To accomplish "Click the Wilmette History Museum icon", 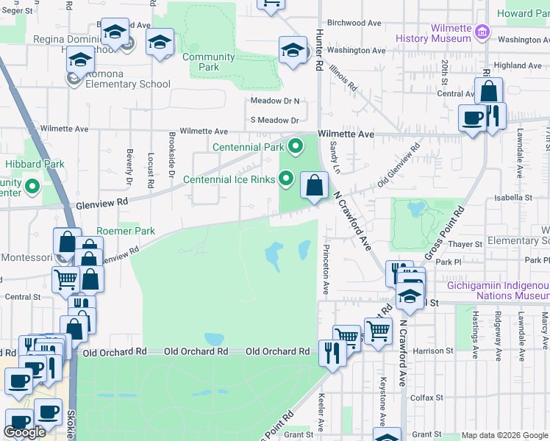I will pos(482,31).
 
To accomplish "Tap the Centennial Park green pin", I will pos(296,146).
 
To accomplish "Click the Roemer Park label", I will pos(126,231).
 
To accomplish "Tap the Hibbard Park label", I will pos(35,164).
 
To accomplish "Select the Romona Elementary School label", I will pos(127,84).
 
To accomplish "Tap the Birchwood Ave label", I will pos(354,23).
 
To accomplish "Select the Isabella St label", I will pos(513,198).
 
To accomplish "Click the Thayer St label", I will pos(464,244).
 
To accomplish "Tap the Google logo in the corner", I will pos(25,432).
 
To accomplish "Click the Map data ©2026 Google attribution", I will pos(504,435).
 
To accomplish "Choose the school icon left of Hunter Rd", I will pos(293,50).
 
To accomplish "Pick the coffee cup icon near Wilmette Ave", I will pos(472,117).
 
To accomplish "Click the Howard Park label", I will pos(523,13).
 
